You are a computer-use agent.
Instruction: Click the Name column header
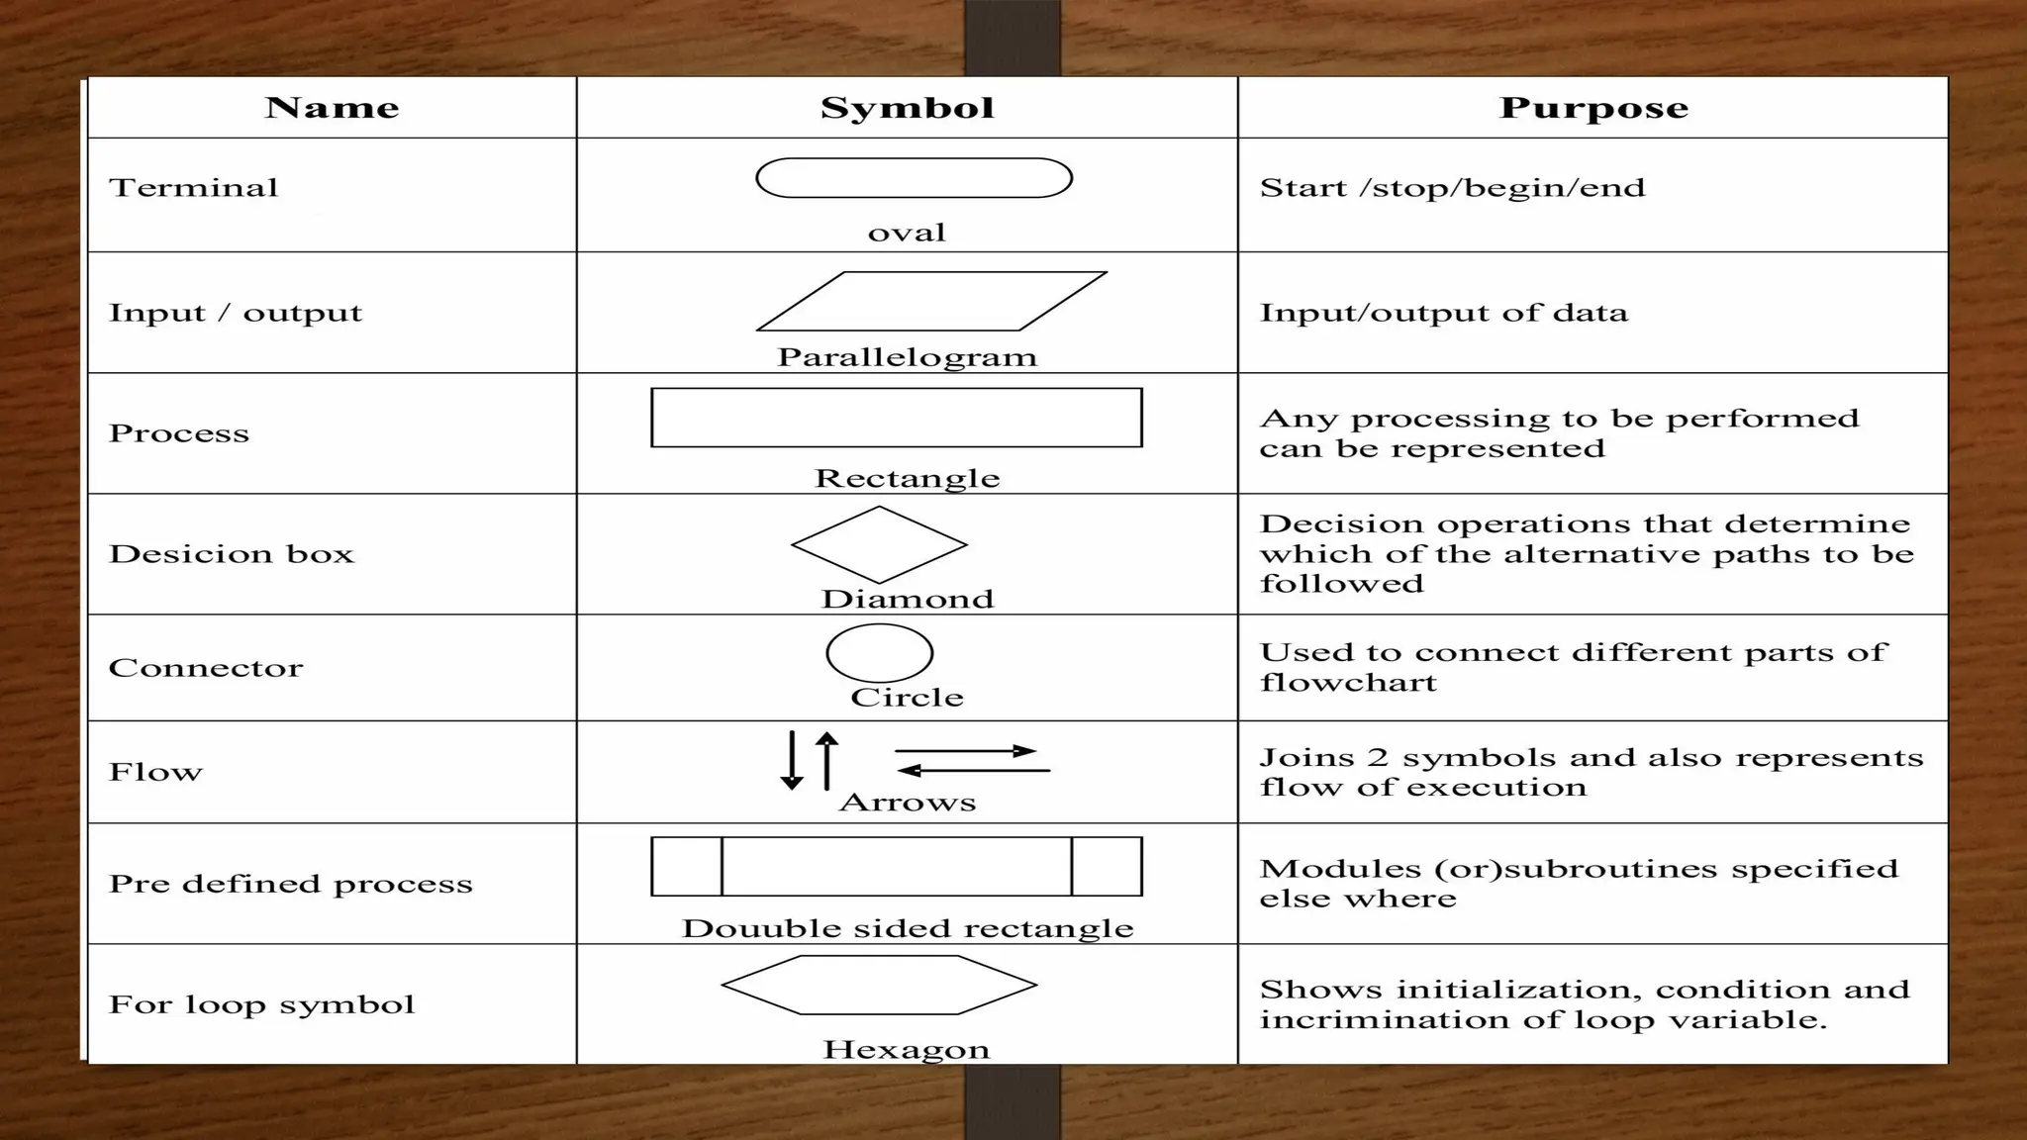[x=332, y=108]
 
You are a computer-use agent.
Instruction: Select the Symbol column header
[x=907, y=108]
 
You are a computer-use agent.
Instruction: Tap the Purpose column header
[x=1593, y=108]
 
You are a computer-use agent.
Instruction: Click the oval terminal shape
[x=914, y=178]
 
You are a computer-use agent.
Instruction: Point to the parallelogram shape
[x=930, y=301]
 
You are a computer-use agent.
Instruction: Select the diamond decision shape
[x=879, y=544]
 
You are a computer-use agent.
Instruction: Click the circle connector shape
[x=879, y=653]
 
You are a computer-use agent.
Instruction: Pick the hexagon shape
[x=879, y=985]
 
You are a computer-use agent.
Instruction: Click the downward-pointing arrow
[x=792, y=760]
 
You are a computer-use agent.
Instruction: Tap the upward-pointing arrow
[x=827, y=760]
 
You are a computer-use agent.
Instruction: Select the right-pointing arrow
[x=965, y=751]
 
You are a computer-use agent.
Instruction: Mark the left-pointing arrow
[x=973, y=770]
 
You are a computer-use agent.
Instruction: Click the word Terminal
[x=194, y=188]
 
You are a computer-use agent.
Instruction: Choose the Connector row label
[x=206, y=668]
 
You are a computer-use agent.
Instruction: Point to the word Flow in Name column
[x=155, y=772]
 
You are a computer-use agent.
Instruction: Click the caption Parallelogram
[x=907, y=357]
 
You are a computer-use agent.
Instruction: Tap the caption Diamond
[x=907, y=599]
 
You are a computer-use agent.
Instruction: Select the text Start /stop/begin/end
[x=1452, y=188]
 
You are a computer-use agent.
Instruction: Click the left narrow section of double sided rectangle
[x=687, y=866]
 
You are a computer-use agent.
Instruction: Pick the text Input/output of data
[x=1443, y=313]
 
